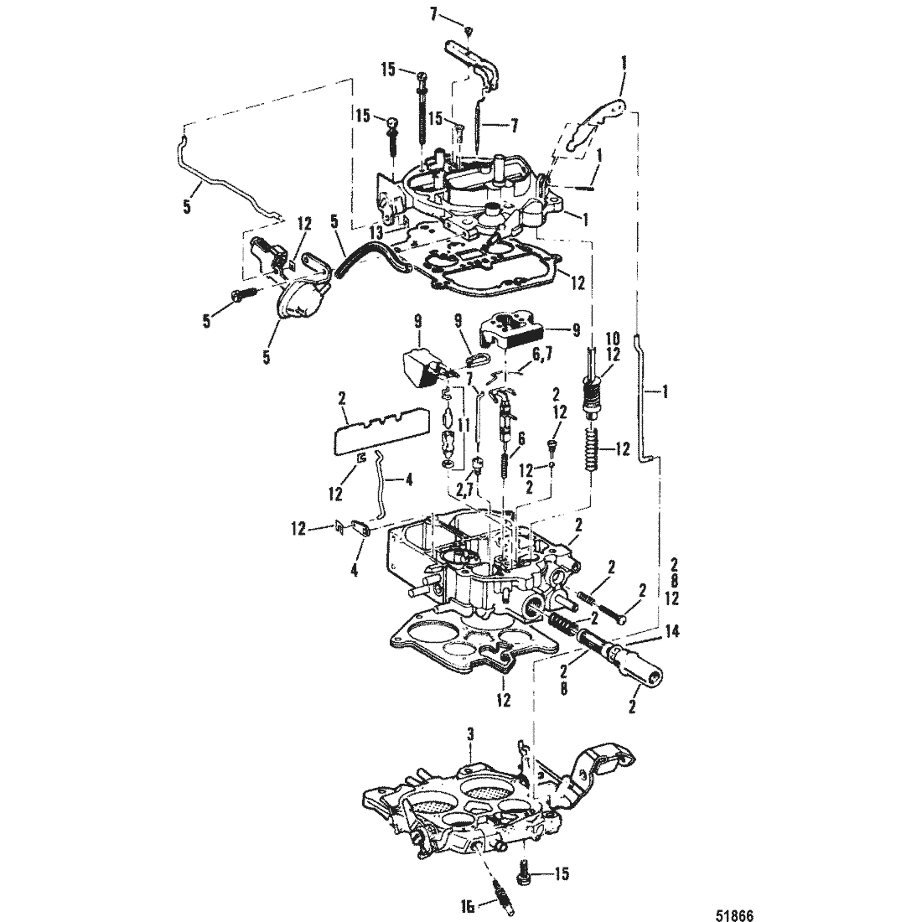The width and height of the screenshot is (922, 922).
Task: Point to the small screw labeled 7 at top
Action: tap(470, 31)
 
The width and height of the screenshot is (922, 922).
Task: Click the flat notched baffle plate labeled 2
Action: tap(386, 429)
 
